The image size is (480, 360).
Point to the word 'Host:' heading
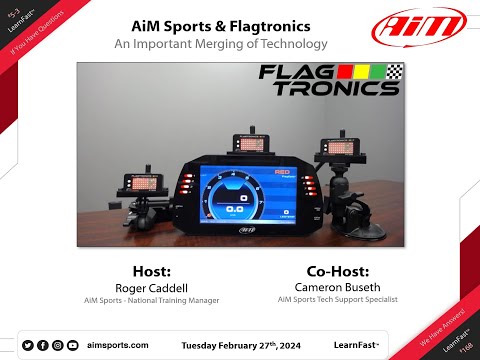pyautogui.click(x=153, y=271)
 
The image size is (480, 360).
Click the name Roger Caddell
pyautogui.click(x=153, y=287)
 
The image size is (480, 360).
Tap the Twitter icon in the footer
pyautogui.click(x=27, y=345)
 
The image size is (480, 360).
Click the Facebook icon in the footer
pyautogui.click(x=42, y=345)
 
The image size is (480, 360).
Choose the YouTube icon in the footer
pyautogui.click(x=72, y=345)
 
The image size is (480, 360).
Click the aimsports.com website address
pyautogui.click(x=118, y=345)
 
